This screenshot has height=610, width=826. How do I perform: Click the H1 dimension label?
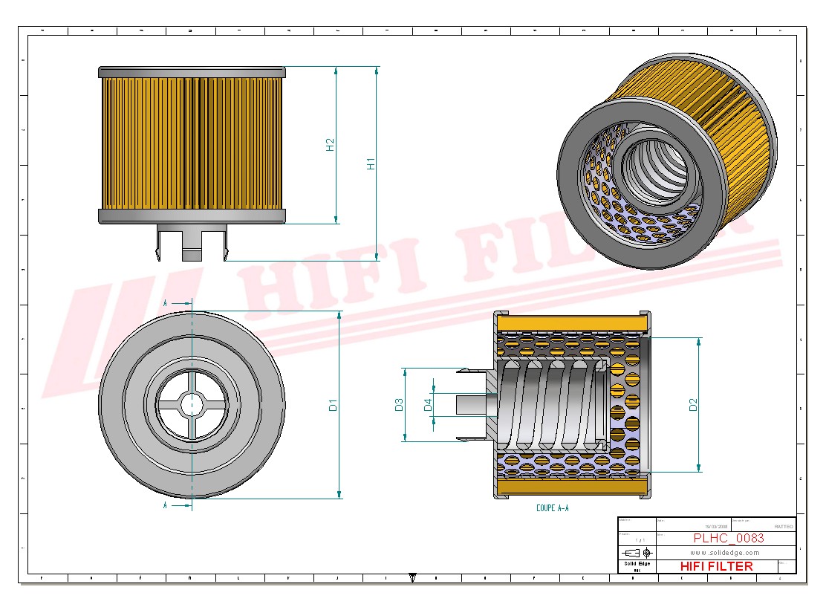pos(371,163)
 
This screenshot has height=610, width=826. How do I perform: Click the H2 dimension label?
pos(331,145)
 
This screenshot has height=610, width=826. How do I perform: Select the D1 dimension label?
pos(334,405)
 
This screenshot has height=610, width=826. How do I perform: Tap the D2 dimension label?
pos(693,405)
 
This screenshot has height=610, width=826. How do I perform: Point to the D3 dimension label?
pos(399,405)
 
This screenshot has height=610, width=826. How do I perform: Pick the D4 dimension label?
pos(428,405)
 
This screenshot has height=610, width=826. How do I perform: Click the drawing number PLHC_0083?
pos(728,539)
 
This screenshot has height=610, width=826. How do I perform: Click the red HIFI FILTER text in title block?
pos(716,566)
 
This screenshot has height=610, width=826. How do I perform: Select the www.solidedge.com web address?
pos(724,553)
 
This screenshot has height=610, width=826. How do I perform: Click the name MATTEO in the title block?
pos(783,526)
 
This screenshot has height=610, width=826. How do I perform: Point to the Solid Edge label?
pos(637,564)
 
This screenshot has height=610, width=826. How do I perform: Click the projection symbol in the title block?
pos(637,553)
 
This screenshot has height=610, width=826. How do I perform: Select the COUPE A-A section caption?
pos(552,508)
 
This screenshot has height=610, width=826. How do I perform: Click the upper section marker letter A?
pos(165,303)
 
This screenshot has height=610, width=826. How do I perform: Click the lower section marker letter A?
pos(165,505)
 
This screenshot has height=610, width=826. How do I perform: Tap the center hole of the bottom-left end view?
pos(192,404)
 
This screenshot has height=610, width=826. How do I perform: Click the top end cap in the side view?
pos(192,71)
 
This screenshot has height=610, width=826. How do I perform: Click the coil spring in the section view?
pos(550,405)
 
